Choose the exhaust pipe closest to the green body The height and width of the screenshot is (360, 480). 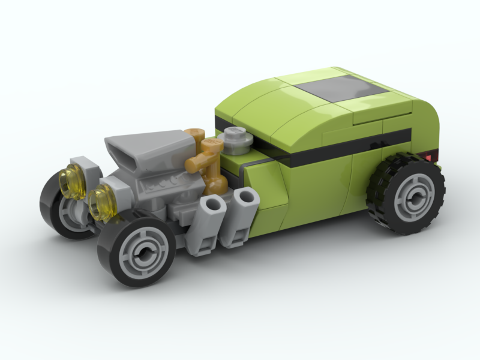point(240,216)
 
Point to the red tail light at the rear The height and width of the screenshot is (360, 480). point(427,157)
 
